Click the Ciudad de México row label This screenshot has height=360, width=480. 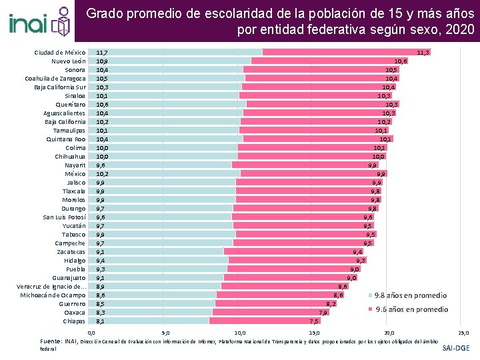click(x=60, y=52)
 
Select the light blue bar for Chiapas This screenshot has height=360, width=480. click(x=150, y=321)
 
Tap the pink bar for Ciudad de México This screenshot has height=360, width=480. click(x=346, y=52)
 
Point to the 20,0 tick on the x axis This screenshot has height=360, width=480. click(x=389, y=332)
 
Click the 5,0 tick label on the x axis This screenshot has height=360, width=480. click(x=166, y=332)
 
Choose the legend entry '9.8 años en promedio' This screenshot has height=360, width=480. click(x=411, y=295)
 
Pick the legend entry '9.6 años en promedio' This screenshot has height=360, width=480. click(x=411, y=309)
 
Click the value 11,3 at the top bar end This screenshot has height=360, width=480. click(x=423, y=52)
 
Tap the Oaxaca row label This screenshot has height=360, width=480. click(x=75, y=312)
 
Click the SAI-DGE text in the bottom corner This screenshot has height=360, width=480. click(x=456, y=348)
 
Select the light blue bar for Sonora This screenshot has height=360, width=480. click(x=167, y=69)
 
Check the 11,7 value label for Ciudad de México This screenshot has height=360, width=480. click(x=103, y=52)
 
